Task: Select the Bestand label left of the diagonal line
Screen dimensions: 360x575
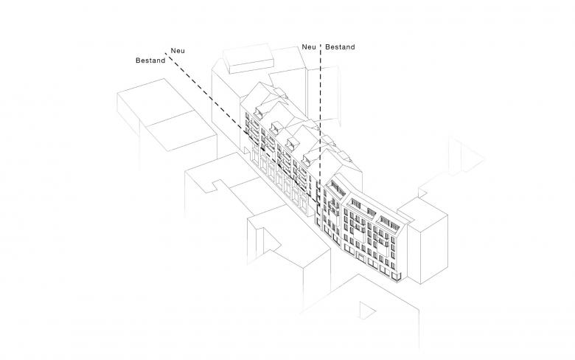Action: point(150,60)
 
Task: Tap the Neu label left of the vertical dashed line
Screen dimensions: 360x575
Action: point(310,47)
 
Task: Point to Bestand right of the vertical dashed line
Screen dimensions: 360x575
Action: point(340,47)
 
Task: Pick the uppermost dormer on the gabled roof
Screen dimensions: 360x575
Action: point(260,111)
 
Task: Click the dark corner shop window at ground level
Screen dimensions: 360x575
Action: point(397,277)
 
